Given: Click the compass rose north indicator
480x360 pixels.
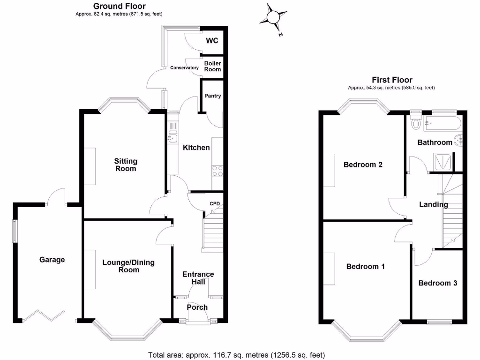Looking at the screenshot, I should pos(273,18).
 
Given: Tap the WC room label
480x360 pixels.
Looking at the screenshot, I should pos(212,41).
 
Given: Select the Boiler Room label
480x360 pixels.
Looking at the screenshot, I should pos(212,66).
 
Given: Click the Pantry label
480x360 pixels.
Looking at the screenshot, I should pos(212,96).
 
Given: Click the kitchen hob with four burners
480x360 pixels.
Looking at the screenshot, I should pos(217,171).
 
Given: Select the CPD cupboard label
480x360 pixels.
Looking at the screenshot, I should pos(215,203).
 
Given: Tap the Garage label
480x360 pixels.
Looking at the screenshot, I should pos(52,260).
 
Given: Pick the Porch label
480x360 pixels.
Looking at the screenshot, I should pos(197,307).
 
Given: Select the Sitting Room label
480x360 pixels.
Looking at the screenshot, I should pos(125,165).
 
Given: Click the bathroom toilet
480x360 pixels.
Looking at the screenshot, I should pos(416,124).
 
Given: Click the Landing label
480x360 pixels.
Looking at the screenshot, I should pos(433,204).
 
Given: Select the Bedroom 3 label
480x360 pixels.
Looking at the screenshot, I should pos(438,283).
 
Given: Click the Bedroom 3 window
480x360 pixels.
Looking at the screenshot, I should pos(439,322).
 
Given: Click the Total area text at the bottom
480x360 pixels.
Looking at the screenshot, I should pos(236,355).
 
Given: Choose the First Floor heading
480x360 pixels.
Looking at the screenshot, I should pos(392,80).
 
